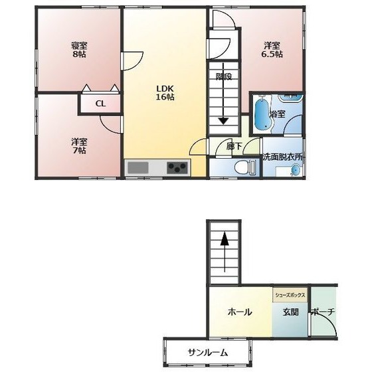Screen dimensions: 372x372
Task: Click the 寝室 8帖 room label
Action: pos(80,50)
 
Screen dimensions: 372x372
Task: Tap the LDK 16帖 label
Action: pos(165,93)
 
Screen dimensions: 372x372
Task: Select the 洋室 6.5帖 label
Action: pos(272,50)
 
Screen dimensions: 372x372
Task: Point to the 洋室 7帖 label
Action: pos(80,146)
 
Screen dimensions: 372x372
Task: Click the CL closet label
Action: pos(100,104)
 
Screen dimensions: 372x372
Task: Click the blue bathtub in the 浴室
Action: pos(263,114)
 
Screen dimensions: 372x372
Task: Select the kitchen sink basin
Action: pos(138,167)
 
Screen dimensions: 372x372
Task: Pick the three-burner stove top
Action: pos(177,167)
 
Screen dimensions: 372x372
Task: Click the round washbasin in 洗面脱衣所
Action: pos(296,170)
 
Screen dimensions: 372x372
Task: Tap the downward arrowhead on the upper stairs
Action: pos(223,121)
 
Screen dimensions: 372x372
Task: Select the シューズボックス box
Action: pos(290,295)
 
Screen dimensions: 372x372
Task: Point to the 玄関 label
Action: pos(291,312)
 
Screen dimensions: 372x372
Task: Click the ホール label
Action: pos(240,312)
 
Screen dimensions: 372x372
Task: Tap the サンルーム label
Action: pos(208,353)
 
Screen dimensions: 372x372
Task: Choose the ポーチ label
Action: pos(323,312)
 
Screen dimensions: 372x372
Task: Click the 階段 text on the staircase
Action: pos(224,76)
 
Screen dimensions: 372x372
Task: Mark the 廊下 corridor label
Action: pos(234,146)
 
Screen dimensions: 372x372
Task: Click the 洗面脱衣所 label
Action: pos(283,157)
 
